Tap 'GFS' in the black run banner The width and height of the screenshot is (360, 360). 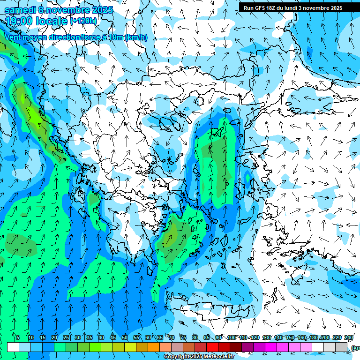click(262, 8)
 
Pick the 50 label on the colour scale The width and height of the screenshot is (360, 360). click(125, 337)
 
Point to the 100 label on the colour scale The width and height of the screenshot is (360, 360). click(232, 337)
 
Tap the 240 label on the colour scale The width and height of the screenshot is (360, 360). click(349, 337)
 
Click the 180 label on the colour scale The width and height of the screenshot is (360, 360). click(314, 337)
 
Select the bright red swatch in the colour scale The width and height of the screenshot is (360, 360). click(212, 347)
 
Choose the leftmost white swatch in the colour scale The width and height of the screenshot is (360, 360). click(13, 347)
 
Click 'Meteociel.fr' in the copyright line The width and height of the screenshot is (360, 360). click(219, 357)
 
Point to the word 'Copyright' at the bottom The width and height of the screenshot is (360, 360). click(176, 357)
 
